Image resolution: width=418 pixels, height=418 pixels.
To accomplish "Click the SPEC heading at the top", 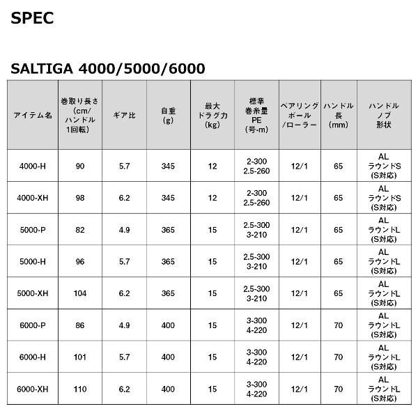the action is (32, 18).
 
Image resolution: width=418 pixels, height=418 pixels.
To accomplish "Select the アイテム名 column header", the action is (33, 115).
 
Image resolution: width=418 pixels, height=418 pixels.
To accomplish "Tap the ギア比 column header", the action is (124, 115).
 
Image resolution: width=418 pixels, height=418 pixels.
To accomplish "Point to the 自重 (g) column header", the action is (167, 114).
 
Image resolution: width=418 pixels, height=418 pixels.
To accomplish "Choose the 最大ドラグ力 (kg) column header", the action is (212, 114).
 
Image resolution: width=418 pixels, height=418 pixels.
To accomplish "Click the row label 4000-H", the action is (33, 166).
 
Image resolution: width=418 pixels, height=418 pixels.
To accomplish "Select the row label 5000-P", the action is (33, 230).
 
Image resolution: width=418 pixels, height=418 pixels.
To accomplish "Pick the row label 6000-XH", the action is (33, 389).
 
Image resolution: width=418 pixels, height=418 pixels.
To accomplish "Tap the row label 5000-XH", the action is (33, 293).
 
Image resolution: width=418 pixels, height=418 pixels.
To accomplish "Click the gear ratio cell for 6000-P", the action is (124, 325).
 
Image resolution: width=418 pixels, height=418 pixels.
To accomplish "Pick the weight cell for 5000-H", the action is (167, 261).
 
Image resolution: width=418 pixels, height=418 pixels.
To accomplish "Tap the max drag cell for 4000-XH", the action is (212, 198).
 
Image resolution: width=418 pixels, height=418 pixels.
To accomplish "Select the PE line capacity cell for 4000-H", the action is (256, 166).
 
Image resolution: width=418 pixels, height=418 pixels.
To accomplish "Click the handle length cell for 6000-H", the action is (338, 357).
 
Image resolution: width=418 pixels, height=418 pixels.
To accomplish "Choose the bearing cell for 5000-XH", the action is (299, 293).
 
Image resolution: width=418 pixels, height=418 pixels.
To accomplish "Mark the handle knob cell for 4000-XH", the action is (382, 198).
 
